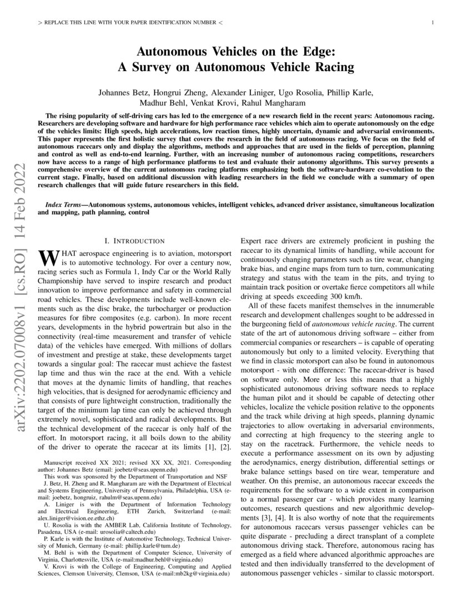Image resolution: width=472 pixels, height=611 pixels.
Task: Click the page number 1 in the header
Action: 433,23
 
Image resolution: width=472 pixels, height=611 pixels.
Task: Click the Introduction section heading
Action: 135,241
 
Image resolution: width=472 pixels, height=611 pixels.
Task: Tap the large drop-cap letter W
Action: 47,257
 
